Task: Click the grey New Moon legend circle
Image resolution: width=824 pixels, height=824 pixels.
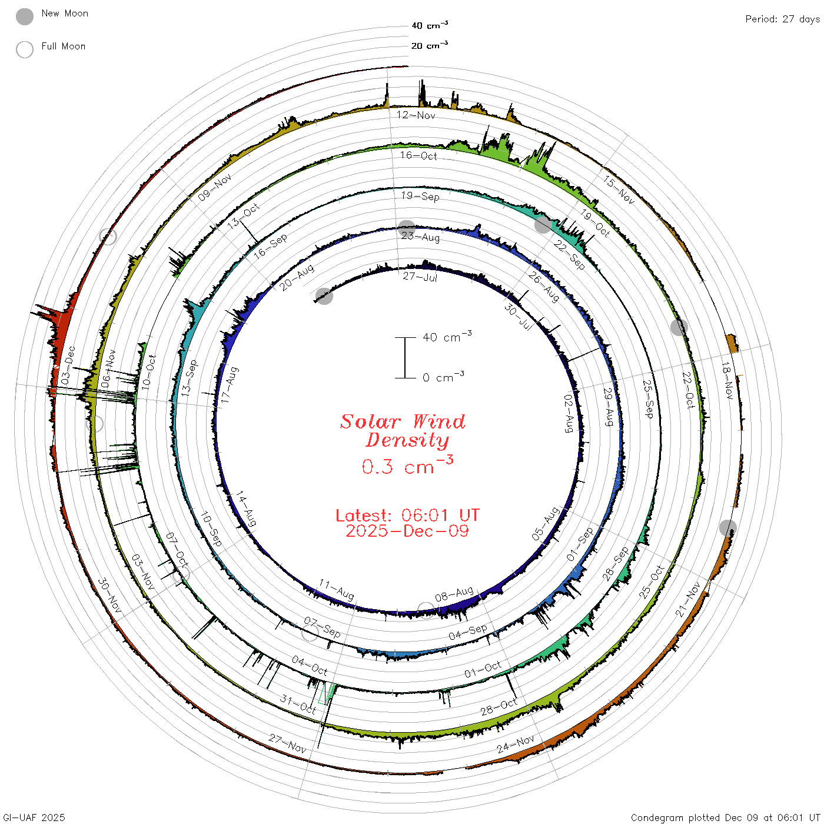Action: pyautogui.click(x=24, y=16)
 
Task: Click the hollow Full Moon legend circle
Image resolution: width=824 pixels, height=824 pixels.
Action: pyautogui.click(x=24, y=49)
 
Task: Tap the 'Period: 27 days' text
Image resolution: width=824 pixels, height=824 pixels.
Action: pyautogui.click(x=782, y=19)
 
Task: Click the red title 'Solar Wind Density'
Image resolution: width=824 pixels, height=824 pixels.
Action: pyautogui.click(x=403, y=431)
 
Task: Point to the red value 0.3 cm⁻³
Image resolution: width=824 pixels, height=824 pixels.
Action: pyautogui.click(x=407, y=466)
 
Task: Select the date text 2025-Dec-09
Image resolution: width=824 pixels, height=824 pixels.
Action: pyautogui.click(x=407, y=531)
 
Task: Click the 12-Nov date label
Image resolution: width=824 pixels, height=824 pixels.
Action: pyautogui.click(x=416, y=115)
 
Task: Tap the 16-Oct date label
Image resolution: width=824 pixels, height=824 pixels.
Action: pyautogui.click(x=418, y=155)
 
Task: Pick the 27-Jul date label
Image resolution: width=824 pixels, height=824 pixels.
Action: pyautogui.click(x=420, y=277)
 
